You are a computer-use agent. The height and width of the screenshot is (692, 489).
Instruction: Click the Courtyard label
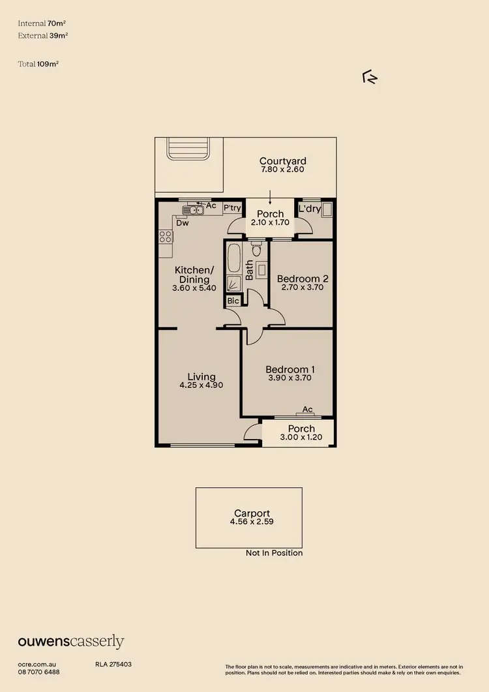point(282,161)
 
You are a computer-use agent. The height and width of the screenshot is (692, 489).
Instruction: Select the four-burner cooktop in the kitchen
point(166,237)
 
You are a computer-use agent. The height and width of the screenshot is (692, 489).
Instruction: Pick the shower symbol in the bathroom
point(233,283)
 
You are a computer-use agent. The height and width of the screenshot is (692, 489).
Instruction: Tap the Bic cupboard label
point(233,301)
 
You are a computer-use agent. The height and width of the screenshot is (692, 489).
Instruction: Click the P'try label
point(232,208)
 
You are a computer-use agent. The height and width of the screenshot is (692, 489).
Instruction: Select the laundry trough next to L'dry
point(327,210)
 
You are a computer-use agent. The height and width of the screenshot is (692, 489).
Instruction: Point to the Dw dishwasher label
point(183,223)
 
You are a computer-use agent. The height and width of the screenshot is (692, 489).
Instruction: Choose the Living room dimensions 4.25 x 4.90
point(201,385)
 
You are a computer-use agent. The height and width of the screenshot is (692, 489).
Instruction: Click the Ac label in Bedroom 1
point(308,410)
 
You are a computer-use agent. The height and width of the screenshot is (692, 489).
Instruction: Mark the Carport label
point(252,513)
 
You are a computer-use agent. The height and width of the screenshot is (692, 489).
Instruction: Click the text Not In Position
point(274,553)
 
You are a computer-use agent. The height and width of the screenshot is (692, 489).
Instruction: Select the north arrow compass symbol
point(370,78)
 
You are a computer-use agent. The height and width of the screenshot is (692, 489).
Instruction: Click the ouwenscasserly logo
point(70,642)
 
